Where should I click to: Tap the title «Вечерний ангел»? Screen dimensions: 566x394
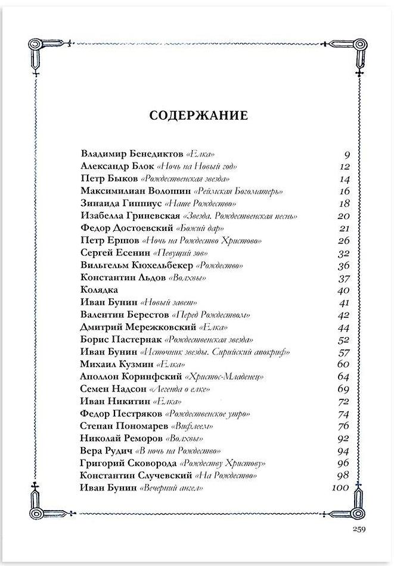pos(170,489)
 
